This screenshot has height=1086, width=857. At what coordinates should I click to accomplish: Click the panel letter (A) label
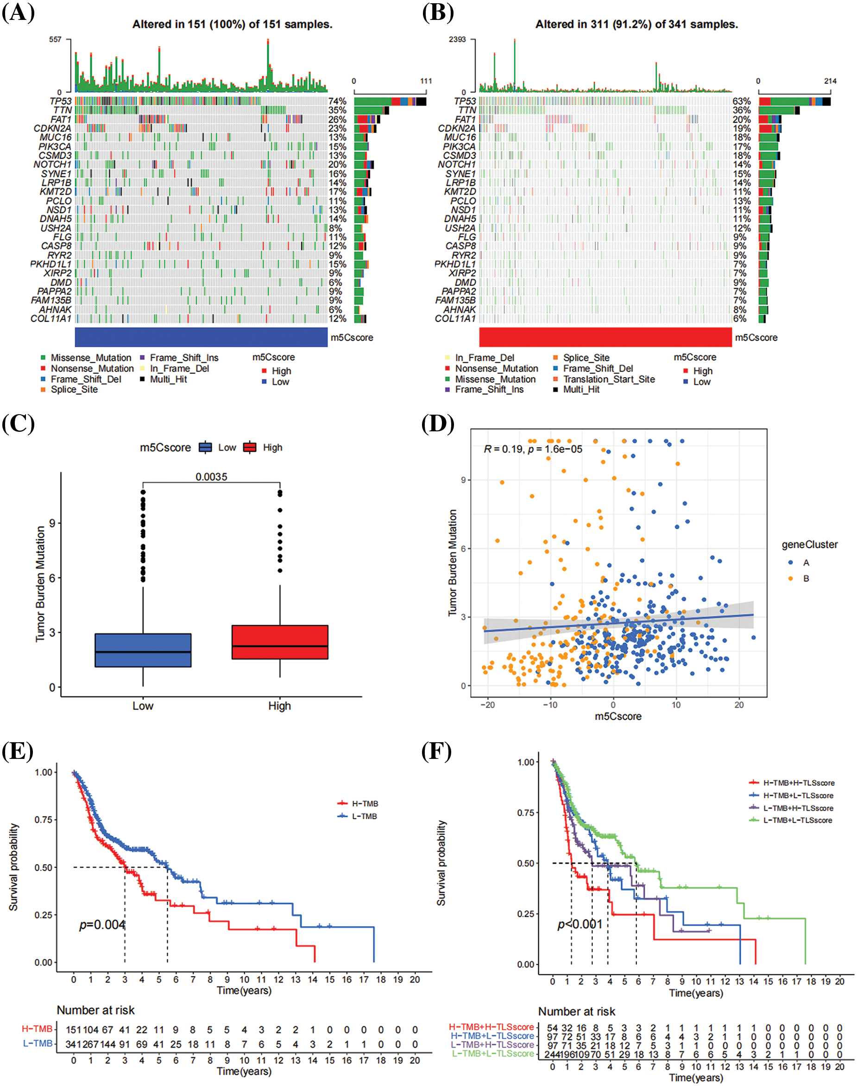(19, 13)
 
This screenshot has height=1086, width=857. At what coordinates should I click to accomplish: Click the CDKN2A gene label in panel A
(53, 128)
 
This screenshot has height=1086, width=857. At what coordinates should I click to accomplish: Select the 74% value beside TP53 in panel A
(337, 101)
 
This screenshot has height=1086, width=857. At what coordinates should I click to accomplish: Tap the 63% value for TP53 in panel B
(742, 101)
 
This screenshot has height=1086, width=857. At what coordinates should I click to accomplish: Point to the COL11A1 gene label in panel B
(455, 319)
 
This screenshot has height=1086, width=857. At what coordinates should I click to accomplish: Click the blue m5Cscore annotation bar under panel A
(201, 337)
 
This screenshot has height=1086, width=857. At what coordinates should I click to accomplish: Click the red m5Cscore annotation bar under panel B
(605, 337)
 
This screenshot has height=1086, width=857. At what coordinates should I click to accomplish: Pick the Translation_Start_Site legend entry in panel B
(609, 379)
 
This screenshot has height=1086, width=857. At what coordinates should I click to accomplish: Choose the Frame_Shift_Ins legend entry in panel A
(183, 358)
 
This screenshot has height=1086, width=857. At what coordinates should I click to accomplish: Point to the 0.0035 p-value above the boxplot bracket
(211, 477)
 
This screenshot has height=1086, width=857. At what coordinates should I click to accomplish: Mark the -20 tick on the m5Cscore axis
(487, 705)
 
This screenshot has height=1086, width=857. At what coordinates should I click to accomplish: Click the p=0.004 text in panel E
(102, 924)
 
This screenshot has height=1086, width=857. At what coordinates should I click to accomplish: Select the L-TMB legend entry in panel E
(364, 816)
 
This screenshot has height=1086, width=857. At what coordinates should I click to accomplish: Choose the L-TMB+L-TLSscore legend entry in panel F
(797, 820)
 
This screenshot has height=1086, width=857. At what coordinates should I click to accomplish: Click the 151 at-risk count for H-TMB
(73, 1030)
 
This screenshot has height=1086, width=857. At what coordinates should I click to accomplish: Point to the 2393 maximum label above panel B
(457, 39)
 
